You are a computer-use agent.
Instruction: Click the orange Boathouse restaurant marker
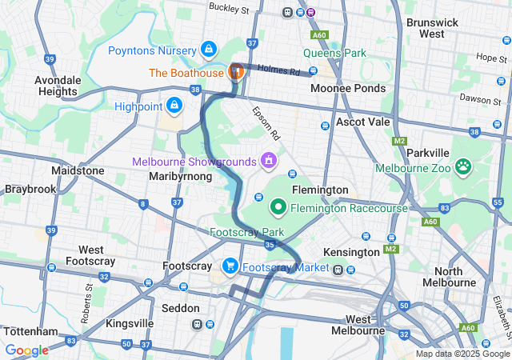click(x=235, y=71)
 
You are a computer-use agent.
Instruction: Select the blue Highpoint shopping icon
click(x=174, y=105)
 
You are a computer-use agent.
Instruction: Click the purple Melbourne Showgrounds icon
click(x=269, y=161)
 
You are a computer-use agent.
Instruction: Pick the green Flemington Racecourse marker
click(x=279, y=208)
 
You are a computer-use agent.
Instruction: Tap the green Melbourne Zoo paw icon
click(x=462, y=167)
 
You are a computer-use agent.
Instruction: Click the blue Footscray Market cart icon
click(x=230, y=266)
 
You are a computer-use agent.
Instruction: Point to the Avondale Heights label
click(x=63, y=85)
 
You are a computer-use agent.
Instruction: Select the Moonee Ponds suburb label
click(x=347, y=88)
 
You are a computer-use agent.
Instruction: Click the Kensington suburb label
click(x=351, y=252)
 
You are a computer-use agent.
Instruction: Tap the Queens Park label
click(x=334, y=54)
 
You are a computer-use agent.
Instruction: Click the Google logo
click(x=26, y=350)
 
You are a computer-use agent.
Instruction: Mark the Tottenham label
click(x=30, y=331)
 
